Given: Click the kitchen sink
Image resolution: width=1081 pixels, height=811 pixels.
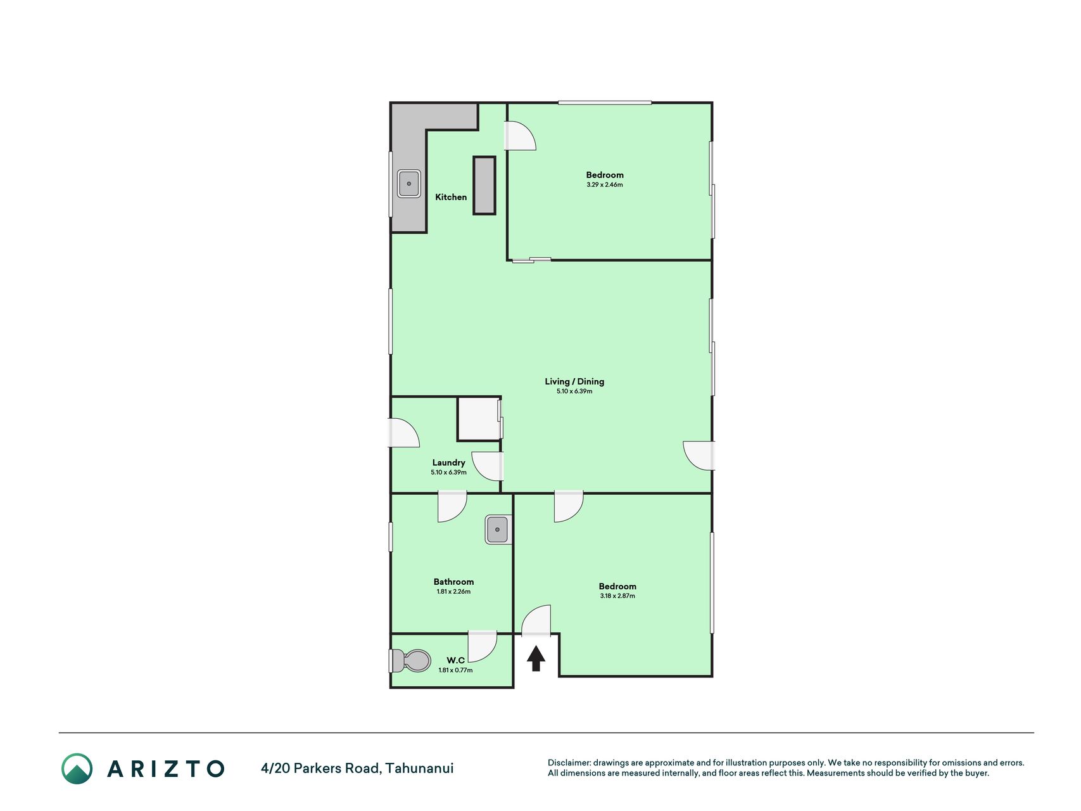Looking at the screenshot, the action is tap(408, 184).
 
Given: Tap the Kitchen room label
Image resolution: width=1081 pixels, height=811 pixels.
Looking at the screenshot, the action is tap(451, 197).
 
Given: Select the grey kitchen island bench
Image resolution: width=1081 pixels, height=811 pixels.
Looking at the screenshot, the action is tap(484, 185).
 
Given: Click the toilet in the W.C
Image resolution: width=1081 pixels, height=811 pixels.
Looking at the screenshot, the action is tap(409, 661).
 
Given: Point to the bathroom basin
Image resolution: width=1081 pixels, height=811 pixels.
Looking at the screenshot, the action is tap(497, 529).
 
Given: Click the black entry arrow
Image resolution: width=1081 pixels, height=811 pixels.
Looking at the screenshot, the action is tap(536, 658).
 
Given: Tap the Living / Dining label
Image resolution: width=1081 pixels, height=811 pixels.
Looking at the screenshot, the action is tap(574, 381).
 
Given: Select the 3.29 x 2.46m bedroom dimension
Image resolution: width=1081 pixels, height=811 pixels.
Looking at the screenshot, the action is tap(605, 185).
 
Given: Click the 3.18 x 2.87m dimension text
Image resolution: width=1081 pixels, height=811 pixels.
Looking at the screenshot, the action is tap(617, 596).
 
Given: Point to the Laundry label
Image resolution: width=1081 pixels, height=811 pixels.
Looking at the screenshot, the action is tap(448, 463).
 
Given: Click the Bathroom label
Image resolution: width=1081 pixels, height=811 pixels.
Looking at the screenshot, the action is tap(453, 582).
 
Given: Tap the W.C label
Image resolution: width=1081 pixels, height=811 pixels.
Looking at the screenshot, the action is tap(455, 660).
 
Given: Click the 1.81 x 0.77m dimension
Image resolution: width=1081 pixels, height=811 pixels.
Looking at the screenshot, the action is tap(455, 670).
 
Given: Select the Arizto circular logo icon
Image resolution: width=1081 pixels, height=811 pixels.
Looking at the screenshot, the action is tap(77, 769).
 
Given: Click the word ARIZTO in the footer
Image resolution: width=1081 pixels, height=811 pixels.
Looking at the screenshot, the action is tap(166, 769).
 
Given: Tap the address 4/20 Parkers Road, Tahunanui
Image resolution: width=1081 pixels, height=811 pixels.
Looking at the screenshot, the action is tap(357, 769).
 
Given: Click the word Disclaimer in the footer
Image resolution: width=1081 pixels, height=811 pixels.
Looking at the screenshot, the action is tap(569, 763).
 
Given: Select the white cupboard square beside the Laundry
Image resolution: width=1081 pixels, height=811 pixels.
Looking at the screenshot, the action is tap(479, 419).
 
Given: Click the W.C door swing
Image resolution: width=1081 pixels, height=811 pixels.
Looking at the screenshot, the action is tap(483, 646).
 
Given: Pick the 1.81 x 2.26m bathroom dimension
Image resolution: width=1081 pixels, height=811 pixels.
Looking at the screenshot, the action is tap(453, 592).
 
